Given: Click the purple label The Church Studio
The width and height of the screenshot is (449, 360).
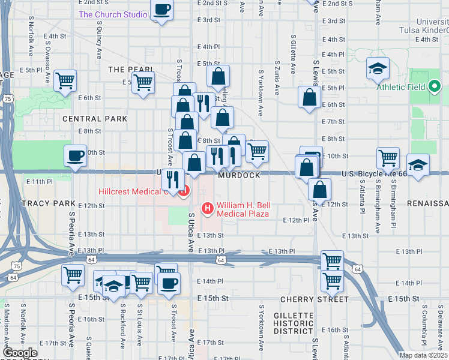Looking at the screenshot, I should click(x=112, y=14).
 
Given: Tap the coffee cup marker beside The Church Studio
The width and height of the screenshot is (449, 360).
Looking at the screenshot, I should click(x=162, y=10).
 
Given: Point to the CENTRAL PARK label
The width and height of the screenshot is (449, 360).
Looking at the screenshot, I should click(x=95, y=119).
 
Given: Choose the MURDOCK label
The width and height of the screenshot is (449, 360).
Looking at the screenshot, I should click(x=240, y=175).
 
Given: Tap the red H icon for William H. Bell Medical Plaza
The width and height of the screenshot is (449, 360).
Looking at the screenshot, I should click(x=208, y=209).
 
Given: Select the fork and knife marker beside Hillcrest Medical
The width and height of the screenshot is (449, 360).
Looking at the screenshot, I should click(x=173, y=179).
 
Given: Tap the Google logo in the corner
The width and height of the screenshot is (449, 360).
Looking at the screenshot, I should click(x=20, y=353).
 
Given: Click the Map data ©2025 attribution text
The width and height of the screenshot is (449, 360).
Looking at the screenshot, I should click(x=423, y=355).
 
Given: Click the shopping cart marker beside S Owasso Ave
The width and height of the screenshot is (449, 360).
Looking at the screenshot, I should click(x=65, y=81).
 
